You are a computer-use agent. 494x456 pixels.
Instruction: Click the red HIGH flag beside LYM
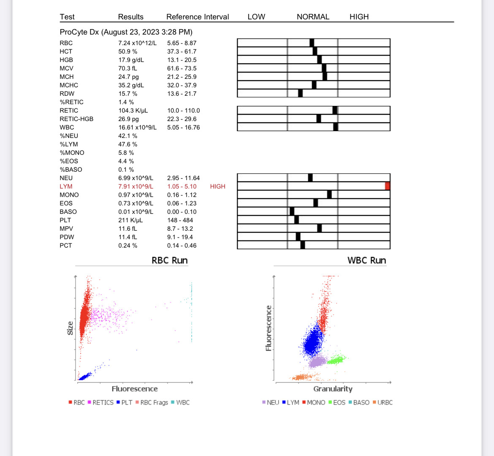coord(217,186)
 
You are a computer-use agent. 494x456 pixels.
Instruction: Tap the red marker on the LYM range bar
coord(387,186)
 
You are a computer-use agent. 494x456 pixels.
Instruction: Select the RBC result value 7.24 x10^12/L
coord(137,43)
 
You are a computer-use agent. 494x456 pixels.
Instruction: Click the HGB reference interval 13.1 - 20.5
coord(182,60)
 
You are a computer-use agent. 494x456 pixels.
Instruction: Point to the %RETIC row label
coord(71,102)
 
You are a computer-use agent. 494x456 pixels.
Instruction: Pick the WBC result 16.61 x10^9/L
coord(137,127)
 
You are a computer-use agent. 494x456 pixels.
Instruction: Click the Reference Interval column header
coord(198,17)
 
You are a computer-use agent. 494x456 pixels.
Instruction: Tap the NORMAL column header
coord(313,17)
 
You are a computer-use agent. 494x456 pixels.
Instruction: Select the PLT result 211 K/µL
coord(130,220)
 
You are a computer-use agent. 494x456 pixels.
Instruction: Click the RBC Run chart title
coord(169,260)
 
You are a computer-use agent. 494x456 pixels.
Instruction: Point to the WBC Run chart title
coord(366,260)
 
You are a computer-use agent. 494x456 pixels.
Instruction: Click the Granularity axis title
coord(333,389)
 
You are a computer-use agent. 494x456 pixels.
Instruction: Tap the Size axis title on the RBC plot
coord(70,328)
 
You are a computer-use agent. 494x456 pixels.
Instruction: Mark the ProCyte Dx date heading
coord(126,32)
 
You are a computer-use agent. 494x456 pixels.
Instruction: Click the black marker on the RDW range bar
coord(300,93)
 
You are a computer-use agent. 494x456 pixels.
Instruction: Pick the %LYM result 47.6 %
coord(128,144)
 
